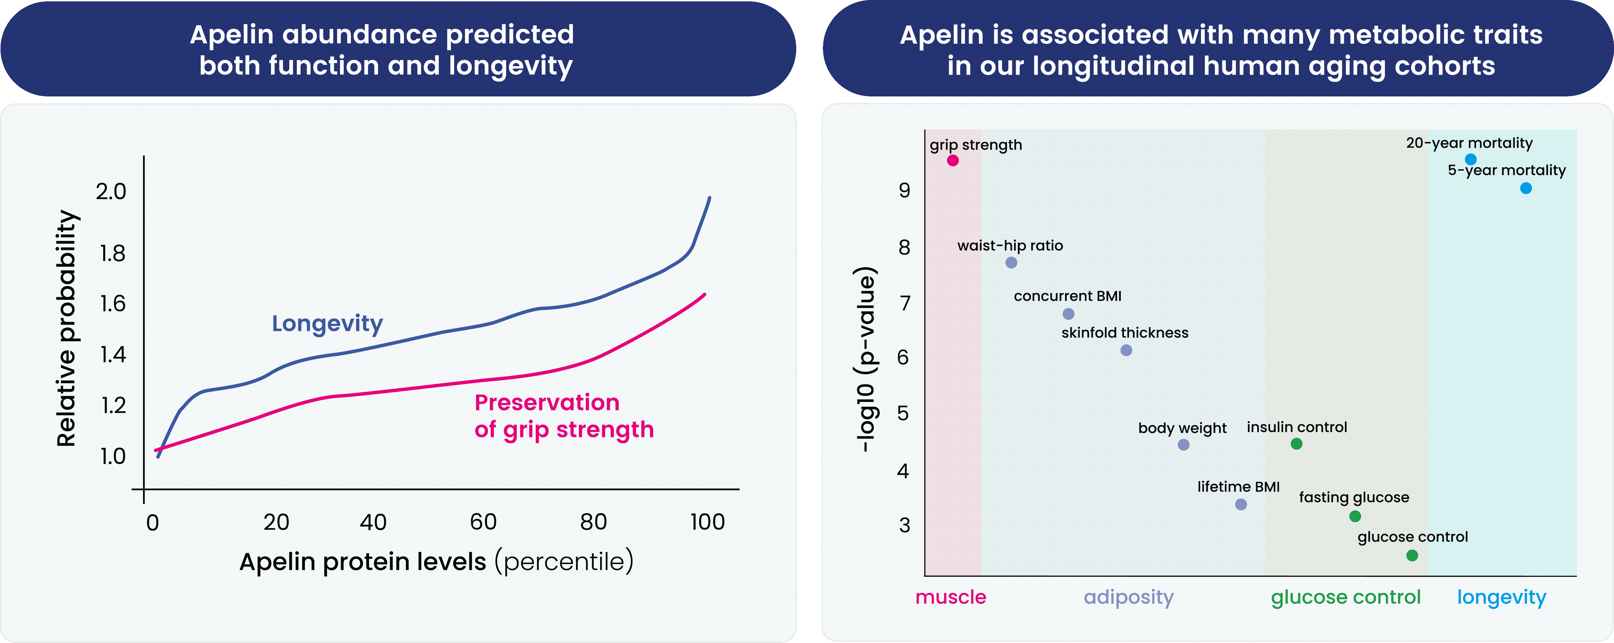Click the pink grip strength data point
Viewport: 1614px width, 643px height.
pos(952,161)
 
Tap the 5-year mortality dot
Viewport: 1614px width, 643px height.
pos(1526,188)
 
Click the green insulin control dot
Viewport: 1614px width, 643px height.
pos(1296,444)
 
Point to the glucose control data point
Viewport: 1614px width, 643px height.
pos(1412,555)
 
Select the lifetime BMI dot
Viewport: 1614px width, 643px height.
pos(1241,505)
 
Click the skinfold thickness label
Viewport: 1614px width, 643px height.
pos(1125,333)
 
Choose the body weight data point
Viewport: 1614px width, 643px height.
pos(1183,445)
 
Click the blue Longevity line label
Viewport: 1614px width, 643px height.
pos(327,323)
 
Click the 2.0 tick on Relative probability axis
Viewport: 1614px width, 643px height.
pos(111,191)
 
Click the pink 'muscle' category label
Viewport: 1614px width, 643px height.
pos(951,597)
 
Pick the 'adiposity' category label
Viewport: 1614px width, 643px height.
pos(1128,597)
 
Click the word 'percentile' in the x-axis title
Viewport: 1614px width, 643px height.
pos(564,562)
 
